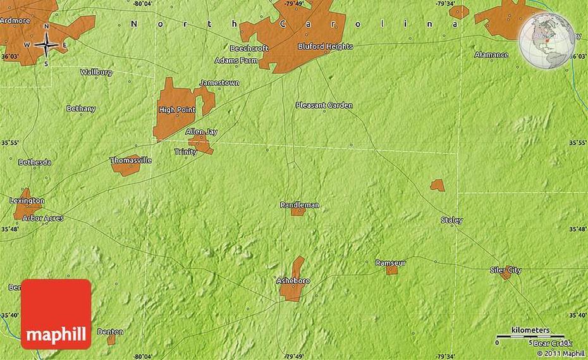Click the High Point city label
[177, 110]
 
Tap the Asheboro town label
[293, 280]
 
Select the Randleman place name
[300, 205]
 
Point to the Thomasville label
[131, 160]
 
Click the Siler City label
[506, 270]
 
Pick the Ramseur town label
[390, 262]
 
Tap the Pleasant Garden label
[324, 105]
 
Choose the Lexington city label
[27, 201]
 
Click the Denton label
[111, 332]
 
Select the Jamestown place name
[219, 83]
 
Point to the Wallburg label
[96, 72]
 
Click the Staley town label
[451, 220]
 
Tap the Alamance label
[491, 55]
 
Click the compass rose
[46, 44]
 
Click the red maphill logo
[56, 314]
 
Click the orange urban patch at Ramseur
[392, 270]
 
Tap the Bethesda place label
[35, 163]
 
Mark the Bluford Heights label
[325, 47]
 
